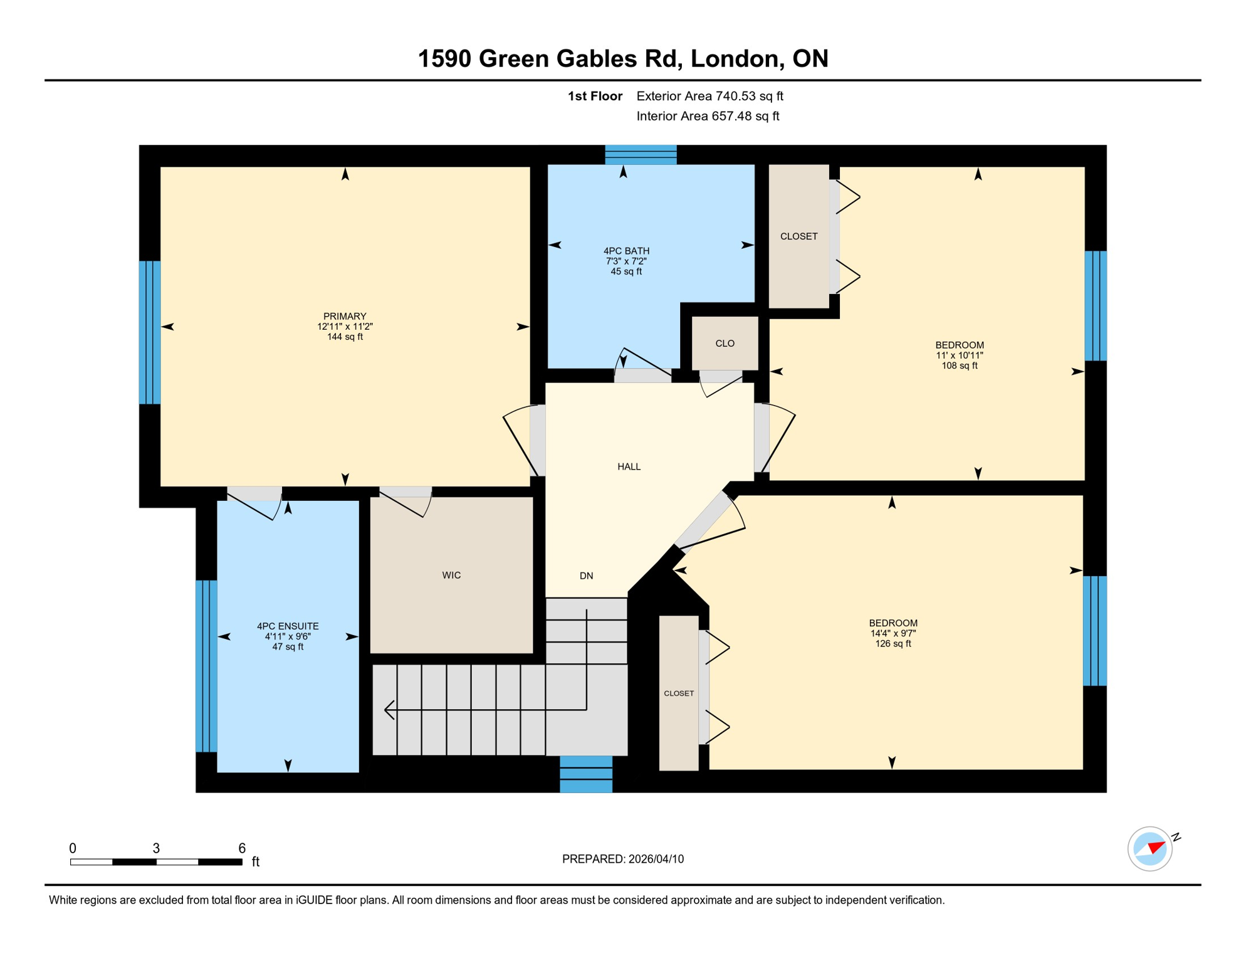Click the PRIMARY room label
tap(345, 316)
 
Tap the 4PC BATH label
tap(626, 251)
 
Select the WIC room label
tap(451, 575)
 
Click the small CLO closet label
tap(725, 343)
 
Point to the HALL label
tap(629, 466)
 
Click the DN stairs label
tap(586, 576)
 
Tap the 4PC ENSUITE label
tap(288, 626)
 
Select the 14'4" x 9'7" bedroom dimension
tap(893, 633)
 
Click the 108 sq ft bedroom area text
tap(959, 366)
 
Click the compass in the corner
tap(1149, 849)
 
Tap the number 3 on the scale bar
tap(156, 848)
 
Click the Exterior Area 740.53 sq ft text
tap(709, 96)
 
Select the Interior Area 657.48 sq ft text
tap(708, 116)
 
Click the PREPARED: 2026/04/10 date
tap(622, 859)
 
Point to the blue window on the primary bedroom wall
tap(150, 332)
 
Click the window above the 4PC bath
tap(641, 155)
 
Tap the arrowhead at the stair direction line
tap(389, 710)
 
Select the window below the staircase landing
tap(585, 774)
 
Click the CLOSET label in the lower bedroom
tap(679, 693)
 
